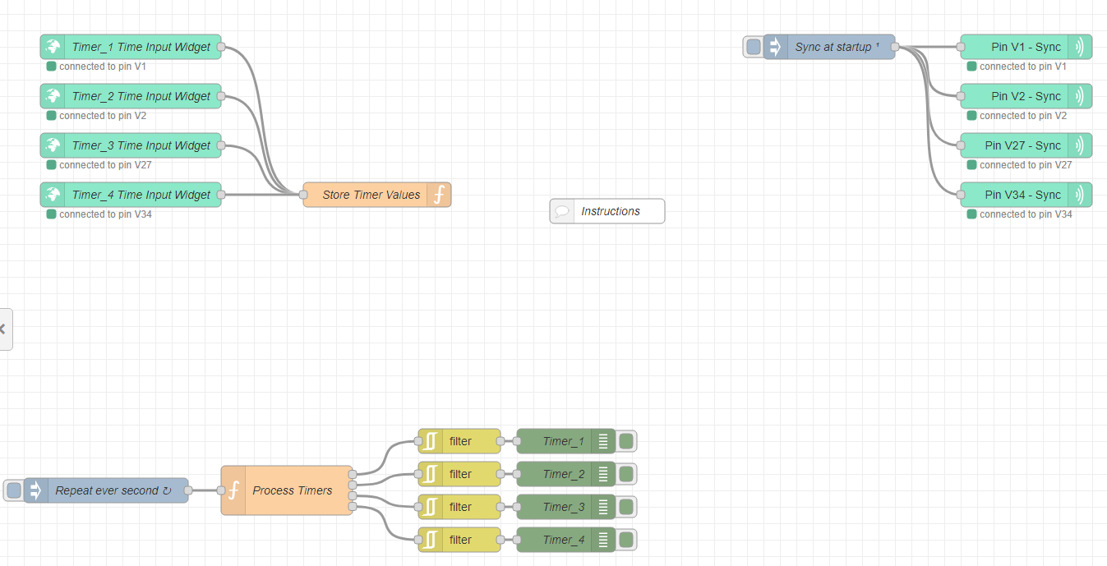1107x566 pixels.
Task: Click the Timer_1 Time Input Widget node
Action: pos(140,47)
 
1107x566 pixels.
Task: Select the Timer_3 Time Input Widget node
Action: pos(140,145)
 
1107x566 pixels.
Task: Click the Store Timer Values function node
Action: pos(370,195)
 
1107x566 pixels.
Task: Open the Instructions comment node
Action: pos(610,211)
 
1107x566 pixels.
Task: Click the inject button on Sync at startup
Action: pos(753,47)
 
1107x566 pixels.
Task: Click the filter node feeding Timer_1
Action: pos(460,441)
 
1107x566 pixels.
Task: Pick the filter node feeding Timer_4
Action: pos(460,540)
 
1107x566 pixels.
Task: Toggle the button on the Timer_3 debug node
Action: pos(626,507)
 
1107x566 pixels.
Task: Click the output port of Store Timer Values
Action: pos(451,195)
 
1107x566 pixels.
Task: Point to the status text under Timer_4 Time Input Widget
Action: pos(105,214)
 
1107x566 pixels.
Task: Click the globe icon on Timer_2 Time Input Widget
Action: pos(53,96)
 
